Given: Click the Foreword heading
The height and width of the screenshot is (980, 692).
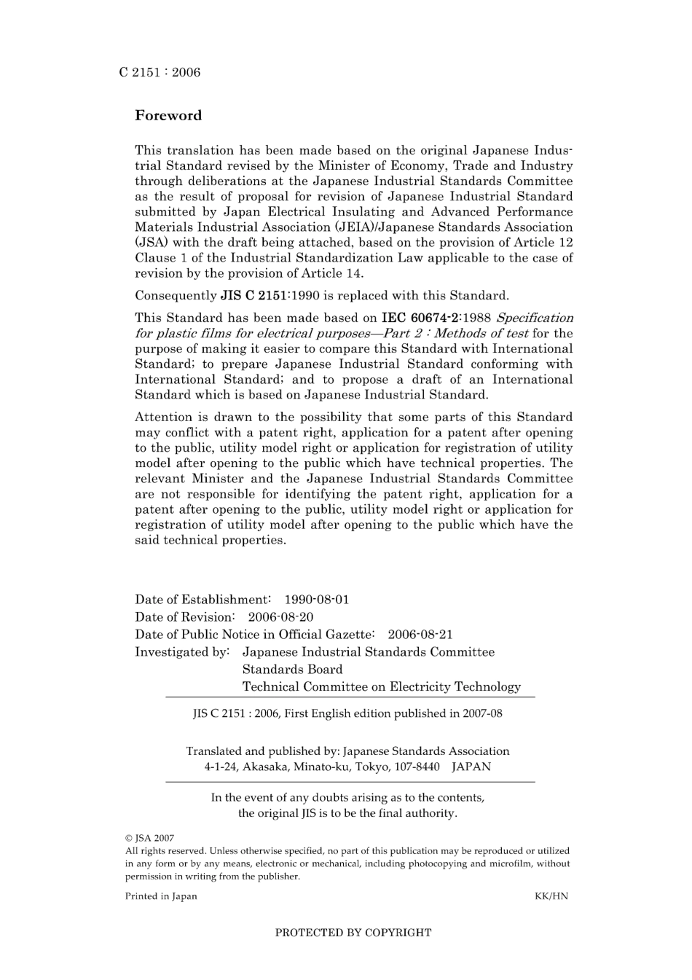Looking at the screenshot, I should tap(168, 116).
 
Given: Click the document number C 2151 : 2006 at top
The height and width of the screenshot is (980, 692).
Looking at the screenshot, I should tap(160, 72).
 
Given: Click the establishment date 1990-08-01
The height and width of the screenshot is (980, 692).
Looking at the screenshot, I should tap(317, 600).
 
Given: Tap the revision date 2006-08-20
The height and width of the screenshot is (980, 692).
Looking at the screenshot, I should tap(281, 617).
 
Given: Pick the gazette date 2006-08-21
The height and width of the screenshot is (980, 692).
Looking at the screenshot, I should tap(420, 635).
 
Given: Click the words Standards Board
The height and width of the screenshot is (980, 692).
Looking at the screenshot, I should tap(292, 670).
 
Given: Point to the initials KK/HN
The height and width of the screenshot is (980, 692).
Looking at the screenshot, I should tap(551, 896).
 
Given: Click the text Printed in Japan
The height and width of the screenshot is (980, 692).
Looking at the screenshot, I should tap(161, 896).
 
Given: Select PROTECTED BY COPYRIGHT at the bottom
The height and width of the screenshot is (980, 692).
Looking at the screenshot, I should tap(353, 933).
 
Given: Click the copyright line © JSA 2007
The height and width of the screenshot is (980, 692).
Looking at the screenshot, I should tap(149, 838).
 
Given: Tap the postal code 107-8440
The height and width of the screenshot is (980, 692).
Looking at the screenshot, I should tap(417, 767).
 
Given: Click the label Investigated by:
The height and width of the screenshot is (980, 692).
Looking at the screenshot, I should tap(182, 652).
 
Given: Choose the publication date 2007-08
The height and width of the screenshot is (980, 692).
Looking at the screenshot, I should tap(481, 713).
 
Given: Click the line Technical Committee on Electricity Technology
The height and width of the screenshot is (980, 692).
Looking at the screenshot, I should tap(382, 686).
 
